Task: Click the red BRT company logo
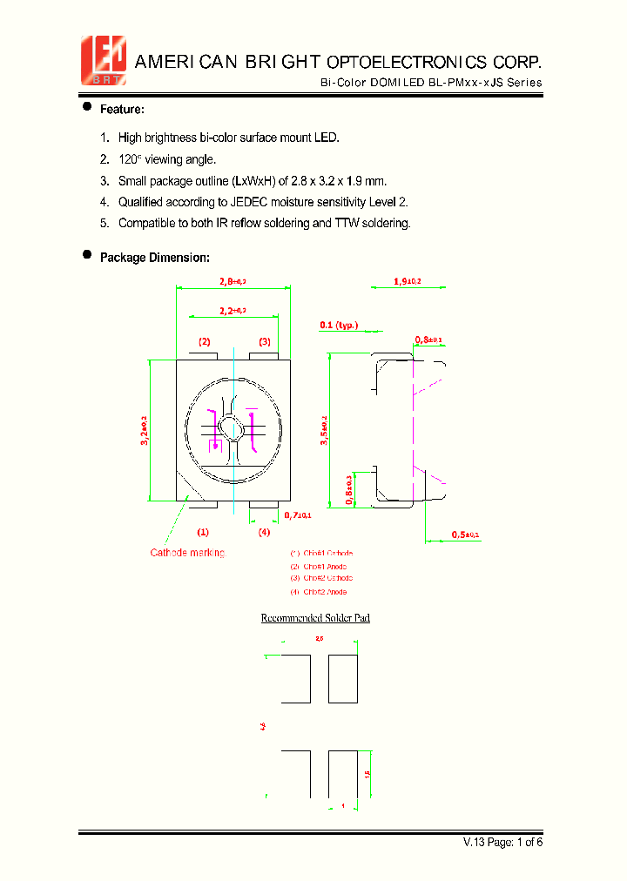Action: click(104, 60)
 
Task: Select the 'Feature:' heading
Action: click(122, 110)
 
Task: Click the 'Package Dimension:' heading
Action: click(154, 258)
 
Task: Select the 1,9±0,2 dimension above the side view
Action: click(407, 280)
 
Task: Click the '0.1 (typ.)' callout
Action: click(339, 325)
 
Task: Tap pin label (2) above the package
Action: click(205, 342)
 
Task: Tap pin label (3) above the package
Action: click(264, 342)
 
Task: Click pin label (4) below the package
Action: click(264, 532)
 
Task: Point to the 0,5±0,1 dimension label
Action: click(465, 534)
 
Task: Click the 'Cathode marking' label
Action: click(187, 553)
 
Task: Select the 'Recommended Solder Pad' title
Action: click(315, 618)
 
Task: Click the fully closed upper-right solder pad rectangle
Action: click(343, 679)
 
